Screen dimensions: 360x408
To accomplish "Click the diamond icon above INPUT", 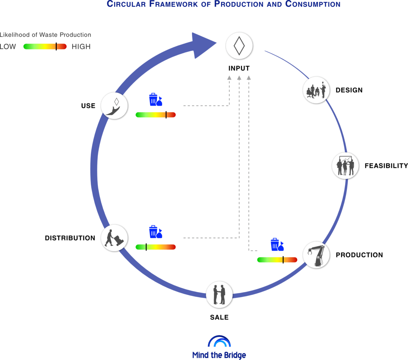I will [239, 46].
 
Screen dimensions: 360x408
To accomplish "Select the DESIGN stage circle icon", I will [316, 90].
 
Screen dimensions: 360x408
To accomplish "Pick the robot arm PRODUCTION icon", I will [316, 255].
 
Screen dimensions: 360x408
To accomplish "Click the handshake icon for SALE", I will [220, 294].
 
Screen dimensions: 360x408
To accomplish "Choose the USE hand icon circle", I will [115, 105].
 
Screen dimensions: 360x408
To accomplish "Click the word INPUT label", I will [239, 68].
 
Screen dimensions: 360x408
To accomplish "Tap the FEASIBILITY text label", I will [386, 166].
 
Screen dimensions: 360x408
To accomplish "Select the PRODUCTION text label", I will [359, 255].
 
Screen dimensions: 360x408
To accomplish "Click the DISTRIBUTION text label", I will [70, 238].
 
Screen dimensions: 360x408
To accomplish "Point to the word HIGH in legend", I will [81, 47].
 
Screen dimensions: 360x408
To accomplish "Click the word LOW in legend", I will [8, 47].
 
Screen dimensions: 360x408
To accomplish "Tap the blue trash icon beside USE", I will [155, 100].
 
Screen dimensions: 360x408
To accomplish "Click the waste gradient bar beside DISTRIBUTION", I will [155, 247].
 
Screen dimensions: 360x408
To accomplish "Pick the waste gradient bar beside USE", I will [155, 115].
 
